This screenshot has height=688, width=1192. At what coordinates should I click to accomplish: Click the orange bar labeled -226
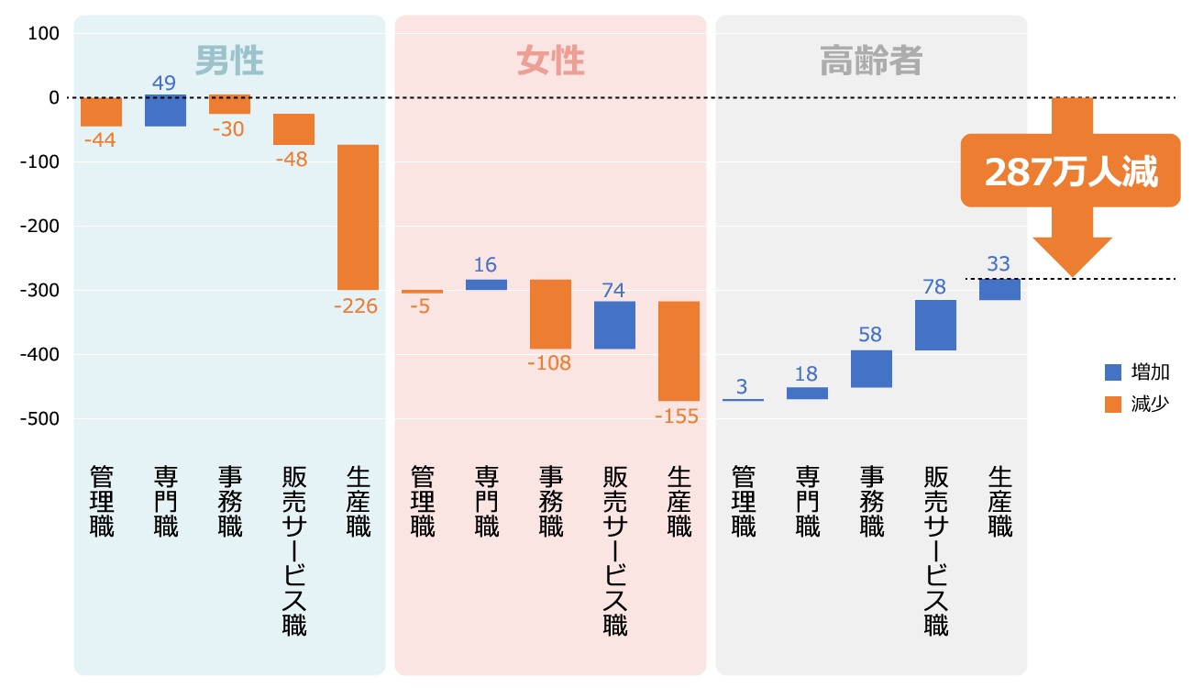coord(358,217)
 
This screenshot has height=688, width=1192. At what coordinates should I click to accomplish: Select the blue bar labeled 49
coord(165,110)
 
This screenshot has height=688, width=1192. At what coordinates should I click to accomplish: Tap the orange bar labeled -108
coord(550,314)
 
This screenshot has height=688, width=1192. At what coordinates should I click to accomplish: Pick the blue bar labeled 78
coord(935,325)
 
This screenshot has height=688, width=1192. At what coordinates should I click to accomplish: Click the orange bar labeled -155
coord(679,350)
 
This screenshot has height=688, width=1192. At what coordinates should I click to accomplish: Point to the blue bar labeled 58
coord(871,369)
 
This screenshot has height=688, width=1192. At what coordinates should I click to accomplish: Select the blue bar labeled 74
coord(614,325)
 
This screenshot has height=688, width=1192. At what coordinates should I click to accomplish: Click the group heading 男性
coord(229,61)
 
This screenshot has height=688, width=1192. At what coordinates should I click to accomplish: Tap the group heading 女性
coord(550,61)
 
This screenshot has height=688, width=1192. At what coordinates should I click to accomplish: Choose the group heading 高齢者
coord(871,61)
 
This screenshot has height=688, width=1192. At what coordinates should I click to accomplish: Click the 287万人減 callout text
coord(1071,172)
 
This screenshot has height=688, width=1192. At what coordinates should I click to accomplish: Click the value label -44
coord(100,141)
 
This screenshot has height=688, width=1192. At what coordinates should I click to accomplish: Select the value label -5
coord(421,306)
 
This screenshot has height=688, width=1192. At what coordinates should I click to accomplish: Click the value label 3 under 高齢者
coord(742,385)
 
